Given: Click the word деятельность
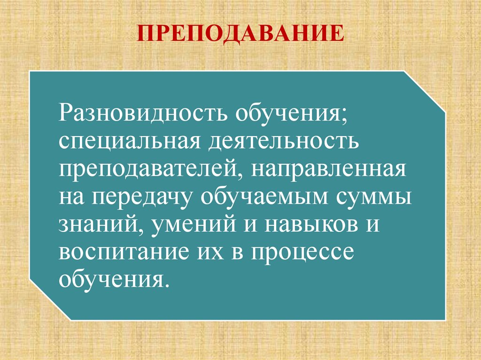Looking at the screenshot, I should pyautogui.click(x=281, y=141).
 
